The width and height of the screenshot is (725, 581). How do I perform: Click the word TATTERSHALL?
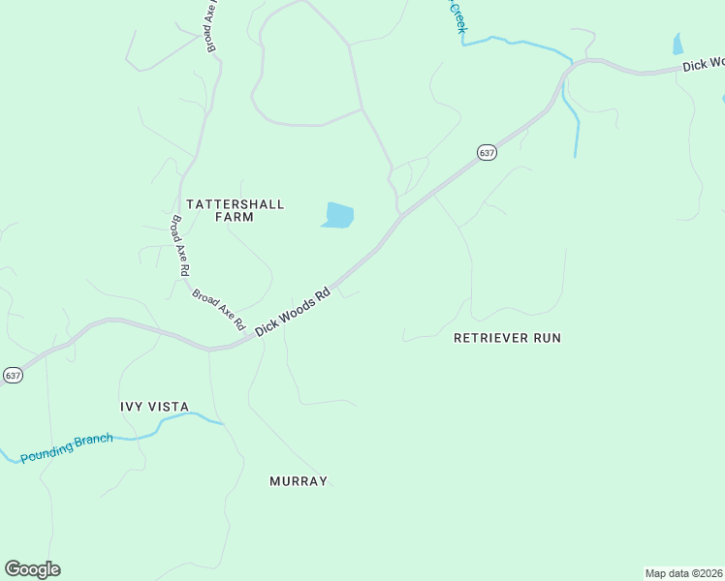(235, 204)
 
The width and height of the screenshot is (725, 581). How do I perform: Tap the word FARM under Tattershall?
(235, 218)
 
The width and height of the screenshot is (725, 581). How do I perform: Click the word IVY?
(133, 407)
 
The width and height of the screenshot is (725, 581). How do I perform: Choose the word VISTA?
(169, 407)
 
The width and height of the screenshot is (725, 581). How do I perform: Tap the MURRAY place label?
(299, 481)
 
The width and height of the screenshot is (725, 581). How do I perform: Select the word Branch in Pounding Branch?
(95, 441)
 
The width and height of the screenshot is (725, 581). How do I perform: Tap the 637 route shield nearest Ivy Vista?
(12, 375)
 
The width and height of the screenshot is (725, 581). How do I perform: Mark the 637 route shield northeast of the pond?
(487, 153)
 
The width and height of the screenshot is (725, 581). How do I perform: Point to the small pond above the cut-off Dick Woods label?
(678, 44)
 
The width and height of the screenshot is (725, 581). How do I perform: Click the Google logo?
(32, 569)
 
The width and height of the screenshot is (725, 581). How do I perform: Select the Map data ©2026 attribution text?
(684, 572)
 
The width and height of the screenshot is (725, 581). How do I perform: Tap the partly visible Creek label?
(456, 17)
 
